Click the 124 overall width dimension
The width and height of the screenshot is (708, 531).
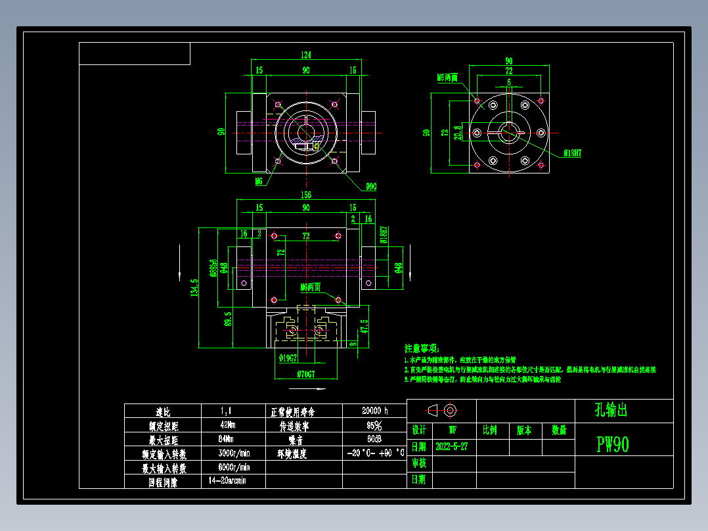[x=306, y=55]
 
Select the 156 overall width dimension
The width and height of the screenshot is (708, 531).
[x=306, y=195]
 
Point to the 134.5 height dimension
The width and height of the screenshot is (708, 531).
[x=194, y=287]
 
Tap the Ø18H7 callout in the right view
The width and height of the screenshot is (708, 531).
[x=573, y=152]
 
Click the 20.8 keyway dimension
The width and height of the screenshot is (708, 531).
[x=458, y=132]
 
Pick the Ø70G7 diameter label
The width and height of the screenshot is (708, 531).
[x=306, y=375]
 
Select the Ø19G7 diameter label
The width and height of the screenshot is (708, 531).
[x=288, y=358]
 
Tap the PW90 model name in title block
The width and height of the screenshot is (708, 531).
[x=613, y=445]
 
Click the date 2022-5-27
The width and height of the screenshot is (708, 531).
[x=452, y=446]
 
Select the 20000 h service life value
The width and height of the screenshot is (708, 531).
[x=374, y=411]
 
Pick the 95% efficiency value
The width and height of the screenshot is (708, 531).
[x=374, y=425]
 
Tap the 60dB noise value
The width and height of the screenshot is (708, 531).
[x=374, y=439]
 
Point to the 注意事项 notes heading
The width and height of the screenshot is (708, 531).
[x=422, y=348]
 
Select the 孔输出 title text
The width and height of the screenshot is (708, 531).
[x=602, y=411]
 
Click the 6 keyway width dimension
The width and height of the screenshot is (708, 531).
[x=509, y=82]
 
